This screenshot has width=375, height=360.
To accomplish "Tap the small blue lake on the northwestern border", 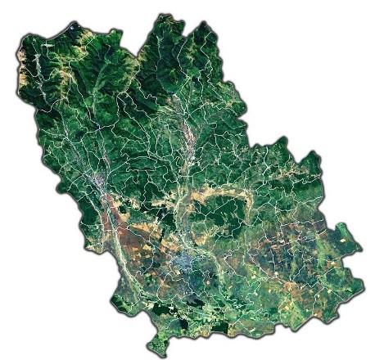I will point(75,29).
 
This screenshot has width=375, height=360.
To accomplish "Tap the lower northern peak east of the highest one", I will point(204,25).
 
